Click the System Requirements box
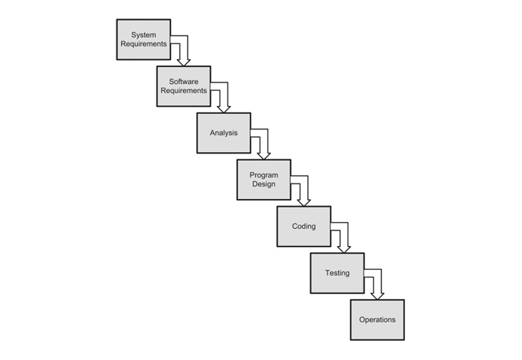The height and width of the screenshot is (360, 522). click(x=143, y=40)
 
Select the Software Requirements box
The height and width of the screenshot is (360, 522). click(x=183, y=86)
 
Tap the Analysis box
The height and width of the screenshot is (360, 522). click(x=224, y=133)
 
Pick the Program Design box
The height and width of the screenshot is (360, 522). click(x=264, y=180)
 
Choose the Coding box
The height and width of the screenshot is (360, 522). click(x=304, y=227)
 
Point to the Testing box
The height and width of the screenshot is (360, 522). click(x=337, y=273)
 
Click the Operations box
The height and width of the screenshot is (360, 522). click(x=377, y=320)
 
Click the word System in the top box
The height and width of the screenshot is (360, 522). click(x=143, y=35)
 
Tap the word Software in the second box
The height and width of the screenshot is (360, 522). click(x=183, y=81)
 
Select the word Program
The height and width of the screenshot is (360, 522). click(x=264, y=175)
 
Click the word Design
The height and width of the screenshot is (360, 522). click(x=264, y=184)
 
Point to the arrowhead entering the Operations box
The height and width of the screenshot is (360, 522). click(x=377, y=297)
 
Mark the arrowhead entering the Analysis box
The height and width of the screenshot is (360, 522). click(x=224, y=110)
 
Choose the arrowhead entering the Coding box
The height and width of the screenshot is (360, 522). click(x=304, y=203)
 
